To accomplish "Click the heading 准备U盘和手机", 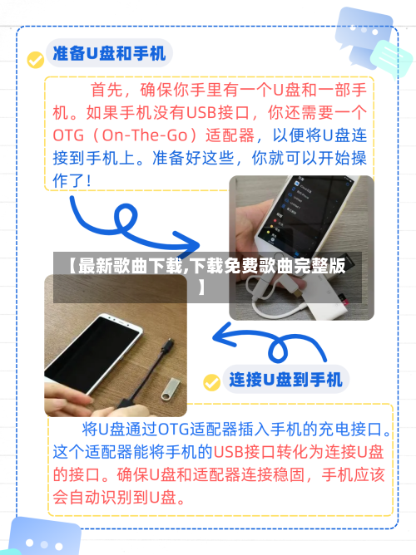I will tap(109, 54).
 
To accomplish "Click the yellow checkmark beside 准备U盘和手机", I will tap(35, 60).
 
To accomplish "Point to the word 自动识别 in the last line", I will tap(105, 499).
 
